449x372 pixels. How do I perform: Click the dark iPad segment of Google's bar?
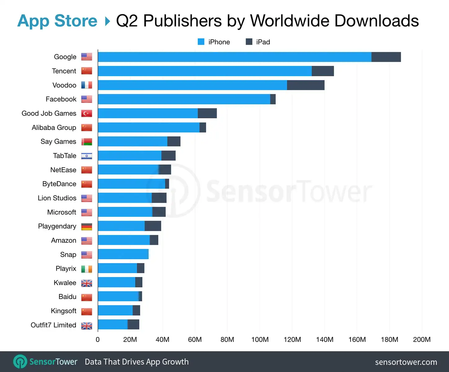(x=386, y=57)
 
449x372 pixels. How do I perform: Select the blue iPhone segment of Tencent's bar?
(x=205, y=71)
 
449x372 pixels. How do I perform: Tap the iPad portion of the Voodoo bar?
(x=306, y=85)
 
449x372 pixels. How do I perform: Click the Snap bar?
(x=123, y=254)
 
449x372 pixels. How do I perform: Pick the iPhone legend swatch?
(x=201, y=42)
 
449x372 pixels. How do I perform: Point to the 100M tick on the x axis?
(x=260, y=339)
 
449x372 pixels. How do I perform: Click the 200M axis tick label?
(x=421, y=339)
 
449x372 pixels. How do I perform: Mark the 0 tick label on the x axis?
(x=98, y=339)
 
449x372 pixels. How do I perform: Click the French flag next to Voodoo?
(x=87, y=85)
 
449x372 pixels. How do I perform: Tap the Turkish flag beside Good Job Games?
(x=87, y=113)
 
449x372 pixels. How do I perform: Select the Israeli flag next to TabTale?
(x=87, y=156)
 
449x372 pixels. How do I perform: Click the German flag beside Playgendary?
(x=87, y=226)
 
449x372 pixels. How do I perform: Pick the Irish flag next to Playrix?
(x=87, y=269)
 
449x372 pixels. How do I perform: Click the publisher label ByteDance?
(x=59, y=184)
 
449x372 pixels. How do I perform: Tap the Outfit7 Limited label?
(x=53, y=325)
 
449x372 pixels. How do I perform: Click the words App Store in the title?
(x=57, y=21)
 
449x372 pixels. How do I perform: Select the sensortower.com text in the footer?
(x=406, y=362)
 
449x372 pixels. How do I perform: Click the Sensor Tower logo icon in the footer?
(x=20, y=361)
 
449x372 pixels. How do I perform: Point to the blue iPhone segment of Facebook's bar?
(x=184, y=99)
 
